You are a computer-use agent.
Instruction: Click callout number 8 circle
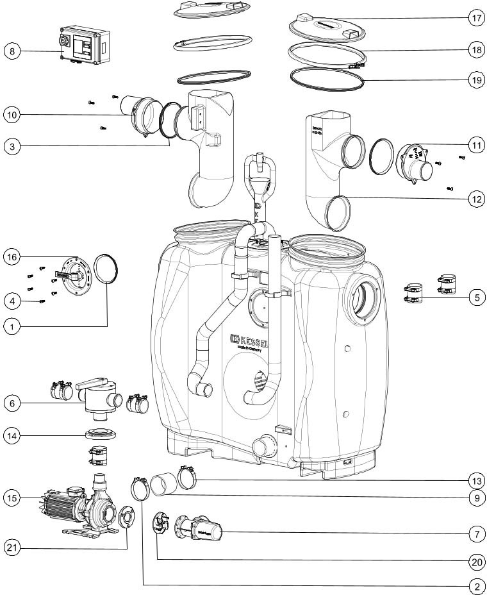(12, 49)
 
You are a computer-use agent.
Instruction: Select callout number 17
(475, 19)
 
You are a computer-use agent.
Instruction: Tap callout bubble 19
(475, 81)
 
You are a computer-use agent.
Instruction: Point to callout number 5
(475, 297)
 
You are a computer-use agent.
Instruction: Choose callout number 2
(475, 585)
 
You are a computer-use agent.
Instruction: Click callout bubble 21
(12, 547)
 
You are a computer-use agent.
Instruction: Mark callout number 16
(12, 257)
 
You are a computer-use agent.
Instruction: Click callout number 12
(475, 199)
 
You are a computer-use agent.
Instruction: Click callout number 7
(475, 532)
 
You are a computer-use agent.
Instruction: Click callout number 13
(475, 480)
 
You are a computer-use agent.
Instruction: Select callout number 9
(475, 496)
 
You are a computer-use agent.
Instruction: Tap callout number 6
(12, 403)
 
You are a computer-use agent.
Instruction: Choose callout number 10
(12, 115)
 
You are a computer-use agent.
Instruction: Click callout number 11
(475, 146)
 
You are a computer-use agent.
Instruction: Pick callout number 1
(12, 326)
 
